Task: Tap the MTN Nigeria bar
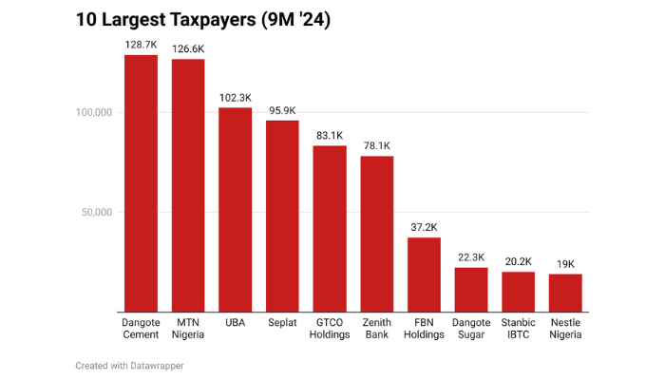(x=188, y=185)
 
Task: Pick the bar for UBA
(x=236, y=209)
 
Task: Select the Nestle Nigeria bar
(x=565, y=293)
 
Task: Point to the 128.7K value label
(x=141, y=45)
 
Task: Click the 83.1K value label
(x=330, y=136)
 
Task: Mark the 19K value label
(x=565, y=264)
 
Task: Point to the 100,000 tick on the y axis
(x=93, y=112)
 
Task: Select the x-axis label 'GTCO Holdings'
(x=330, y=328)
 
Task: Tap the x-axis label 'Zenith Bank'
(x=377, y=328)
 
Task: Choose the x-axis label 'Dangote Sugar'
(x=471, y=328)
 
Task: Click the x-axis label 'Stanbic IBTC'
(x=519, y=328)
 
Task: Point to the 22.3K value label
(x=471, y=257)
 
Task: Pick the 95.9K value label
(x=282, y=110)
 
